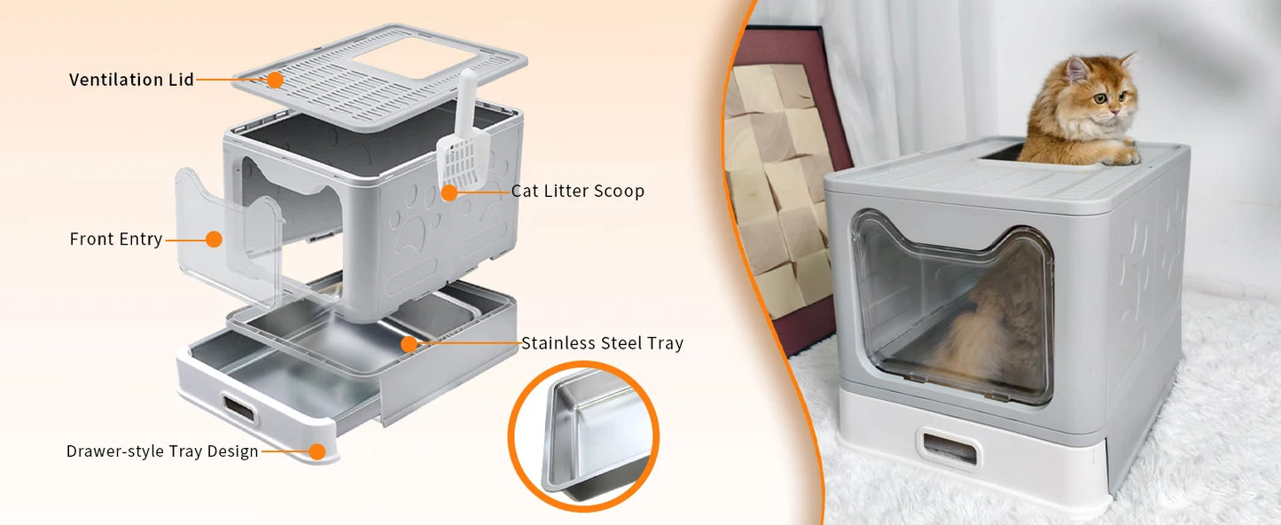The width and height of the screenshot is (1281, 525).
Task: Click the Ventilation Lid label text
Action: coord(131,80)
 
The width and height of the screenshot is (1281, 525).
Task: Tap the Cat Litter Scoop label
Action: coord(577,192)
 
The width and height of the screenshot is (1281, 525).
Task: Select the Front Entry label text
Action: coord(116,239)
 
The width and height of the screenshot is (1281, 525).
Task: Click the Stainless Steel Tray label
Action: coord(602,343)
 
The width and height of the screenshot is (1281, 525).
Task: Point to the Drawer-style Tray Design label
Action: coord(162,451)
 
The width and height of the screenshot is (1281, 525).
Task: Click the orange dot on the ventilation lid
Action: coord(275,80)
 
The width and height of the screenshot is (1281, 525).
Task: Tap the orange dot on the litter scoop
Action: coord(449,192)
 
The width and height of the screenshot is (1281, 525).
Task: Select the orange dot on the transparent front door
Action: coord(214,239)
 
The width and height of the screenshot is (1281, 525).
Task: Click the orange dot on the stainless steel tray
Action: coord(409,343)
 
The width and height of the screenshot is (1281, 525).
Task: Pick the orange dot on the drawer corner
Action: coord(317,451)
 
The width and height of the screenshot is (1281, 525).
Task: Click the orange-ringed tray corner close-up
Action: coord(583,436)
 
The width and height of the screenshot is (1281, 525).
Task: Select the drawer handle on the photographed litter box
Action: coord(949,449)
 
